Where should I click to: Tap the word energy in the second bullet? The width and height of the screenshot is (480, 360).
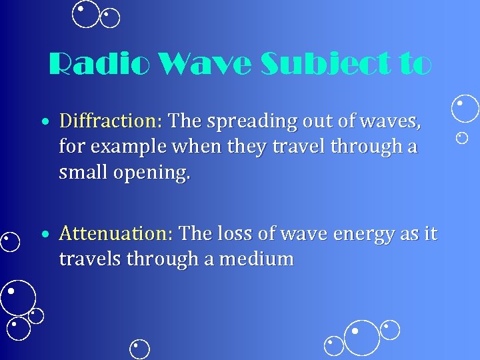(x=363, y=234)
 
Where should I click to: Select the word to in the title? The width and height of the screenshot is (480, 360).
(x=414, y=65)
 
